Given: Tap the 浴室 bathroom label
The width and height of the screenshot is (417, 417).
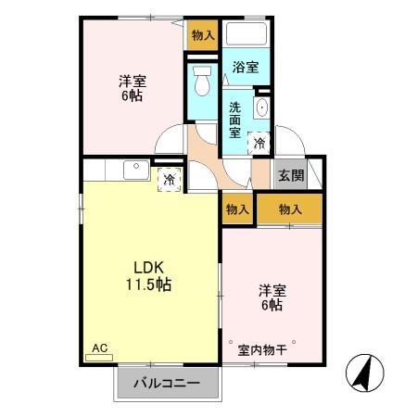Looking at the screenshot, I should click(x=246, y=67).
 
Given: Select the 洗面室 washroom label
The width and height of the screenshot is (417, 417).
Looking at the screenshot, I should click(x=236, y=118).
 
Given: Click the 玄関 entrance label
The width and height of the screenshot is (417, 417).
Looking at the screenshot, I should click(x=290, y=174).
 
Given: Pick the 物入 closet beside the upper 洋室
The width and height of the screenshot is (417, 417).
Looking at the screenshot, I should click(x=203, y=35).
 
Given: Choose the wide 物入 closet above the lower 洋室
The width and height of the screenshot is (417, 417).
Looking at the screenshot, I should click(x=290, y=209).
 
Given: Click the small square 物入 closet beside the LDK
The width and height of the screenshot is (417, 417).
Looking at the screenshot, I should click(x=237, y=209).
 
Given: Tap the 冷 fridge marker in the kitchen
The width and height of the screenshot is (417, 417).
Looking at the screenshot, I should click(x=169, y=178).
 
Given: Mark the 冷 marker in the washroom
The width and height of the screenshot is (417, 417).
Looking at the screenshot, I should click(x=259, y=142).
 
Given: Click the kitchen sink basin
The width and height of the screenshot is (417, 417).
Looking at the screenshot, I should click(x=133, y=170).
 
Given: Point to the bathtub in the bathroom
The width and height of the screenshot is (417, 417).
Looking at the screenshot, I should click(x=246, y=35).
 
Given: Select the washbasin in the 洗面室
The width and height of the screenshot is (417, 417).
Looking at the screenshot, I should click(x=261, y=108).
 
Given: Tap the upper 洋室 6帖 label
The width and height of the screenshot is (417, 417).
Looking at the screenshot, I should click(x=131, y=88).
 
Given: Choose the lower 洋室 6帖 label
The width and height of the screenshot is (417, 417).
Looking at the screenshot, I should click(x=271, y=298).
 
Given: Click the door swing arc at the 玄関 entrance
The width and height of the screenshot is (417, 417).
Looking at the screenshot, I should click(x=285, y=144).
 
